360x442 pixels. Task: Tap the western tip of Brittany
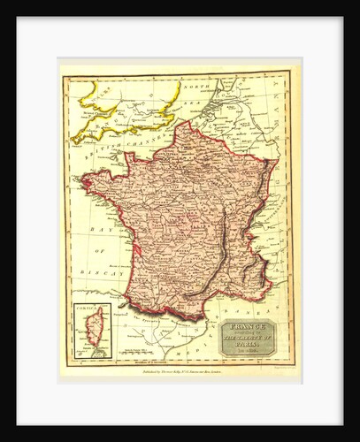83,182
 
